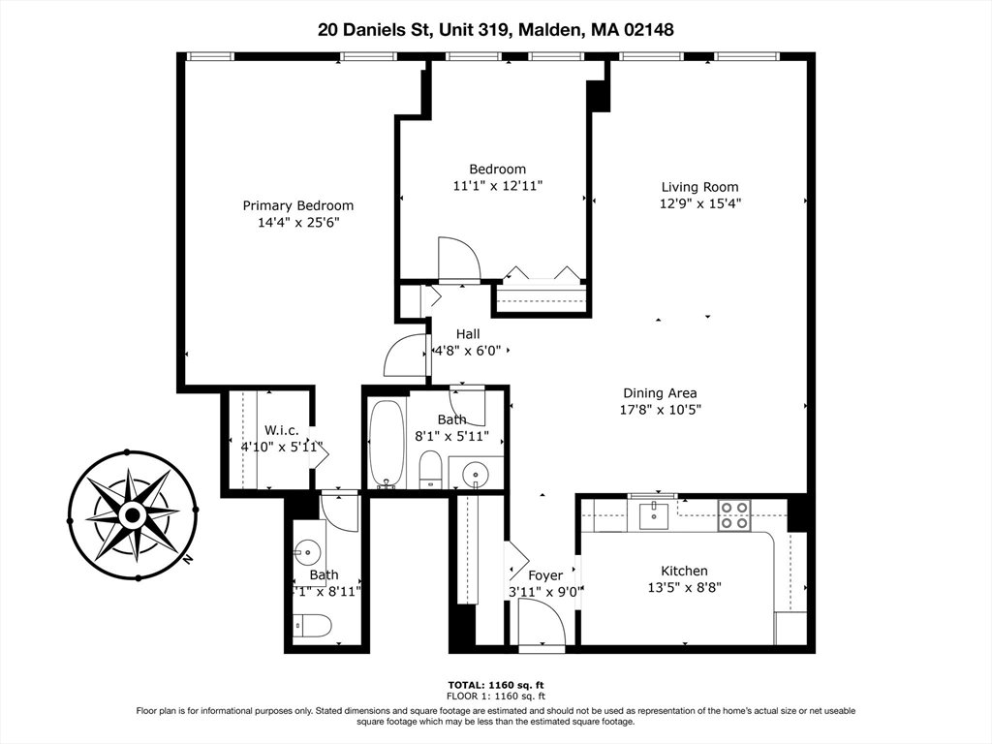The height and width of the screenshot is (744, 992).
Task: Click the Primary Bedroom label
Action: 298,205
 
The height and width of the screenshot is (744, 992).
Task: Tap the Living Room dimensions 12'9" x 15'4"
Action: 699,203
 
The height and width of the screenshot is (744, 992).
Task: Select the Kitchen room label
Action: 684,571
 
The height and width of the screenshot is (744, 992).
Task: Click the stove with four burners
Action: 734,515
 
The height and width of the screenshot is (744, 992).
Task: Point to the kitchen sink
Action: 653,515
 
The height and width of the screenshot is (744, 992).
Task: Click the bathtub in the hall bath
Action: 387,444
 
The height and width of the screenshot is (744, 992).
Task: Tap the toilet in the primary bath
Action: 313,626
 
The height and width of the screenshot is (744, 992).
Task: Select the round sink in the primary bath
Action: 307,552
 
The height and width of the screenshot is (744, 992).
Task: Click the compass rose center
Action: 132,515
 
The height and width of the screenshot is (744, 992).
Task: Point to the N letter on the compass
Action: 187,559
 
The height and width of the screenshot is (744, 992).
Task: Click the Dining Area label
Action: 660,393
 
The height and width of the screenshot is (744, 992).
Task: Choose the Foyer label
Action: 545,575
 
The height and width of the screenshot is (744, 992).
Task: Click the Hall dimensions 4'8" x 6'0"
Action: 468,351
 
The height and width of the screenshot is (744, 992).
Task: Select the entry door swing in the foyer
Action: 542,623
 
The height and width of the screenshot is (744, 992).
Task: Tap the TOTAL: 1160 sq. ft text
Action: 496,685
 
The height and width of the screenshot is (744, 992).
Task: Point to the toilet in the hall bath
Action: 430,470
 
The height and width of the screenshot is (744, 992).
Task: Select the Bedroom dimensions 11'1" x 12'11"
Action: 498,186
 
